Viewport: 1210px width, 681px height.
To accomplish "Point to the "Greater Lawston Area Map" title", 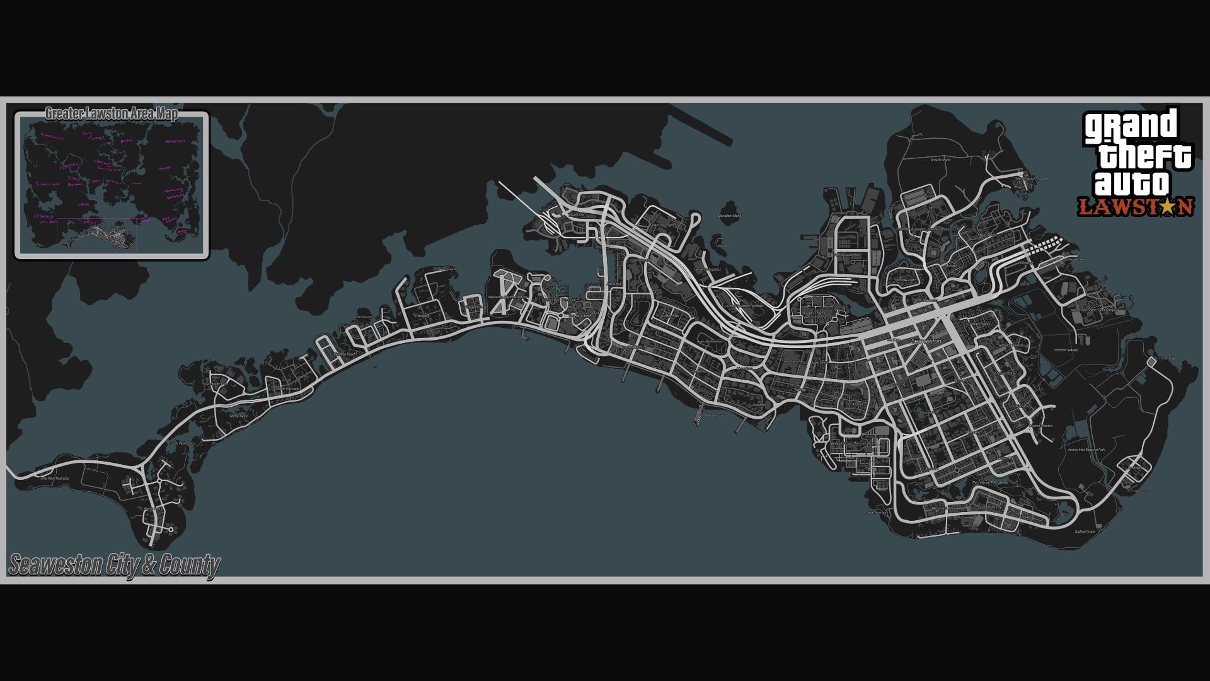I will click(x=111, y=114).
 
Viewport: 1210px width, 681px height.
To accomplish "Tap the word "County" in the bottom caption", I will click(x=189, y=565).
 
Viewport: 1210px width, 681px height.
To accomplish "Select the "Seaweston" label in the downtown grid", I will click(x=926, y=341).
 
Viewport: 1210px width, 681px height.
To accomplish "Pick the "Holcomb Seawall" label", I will click(x=1066, y=350).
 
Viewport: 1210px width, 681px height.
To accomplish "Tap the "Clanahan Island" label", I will click(x=730, y=216).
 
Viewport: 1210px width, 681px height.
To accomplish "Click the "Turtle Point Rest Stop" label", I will click(x=54, y=479).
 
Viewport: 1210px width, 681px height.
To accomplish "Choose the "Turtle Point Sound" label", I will click(x=183, y=443).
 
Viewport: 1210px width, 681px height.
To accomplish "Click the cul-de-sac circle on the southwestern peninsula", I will click(x=171, y=530).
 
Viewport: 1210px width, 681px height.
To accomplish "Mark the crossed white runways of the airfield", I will click(x=502, y=293).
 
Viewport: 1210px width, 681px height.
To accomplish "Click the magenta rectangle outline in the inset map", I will click(x=98, y=235).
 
